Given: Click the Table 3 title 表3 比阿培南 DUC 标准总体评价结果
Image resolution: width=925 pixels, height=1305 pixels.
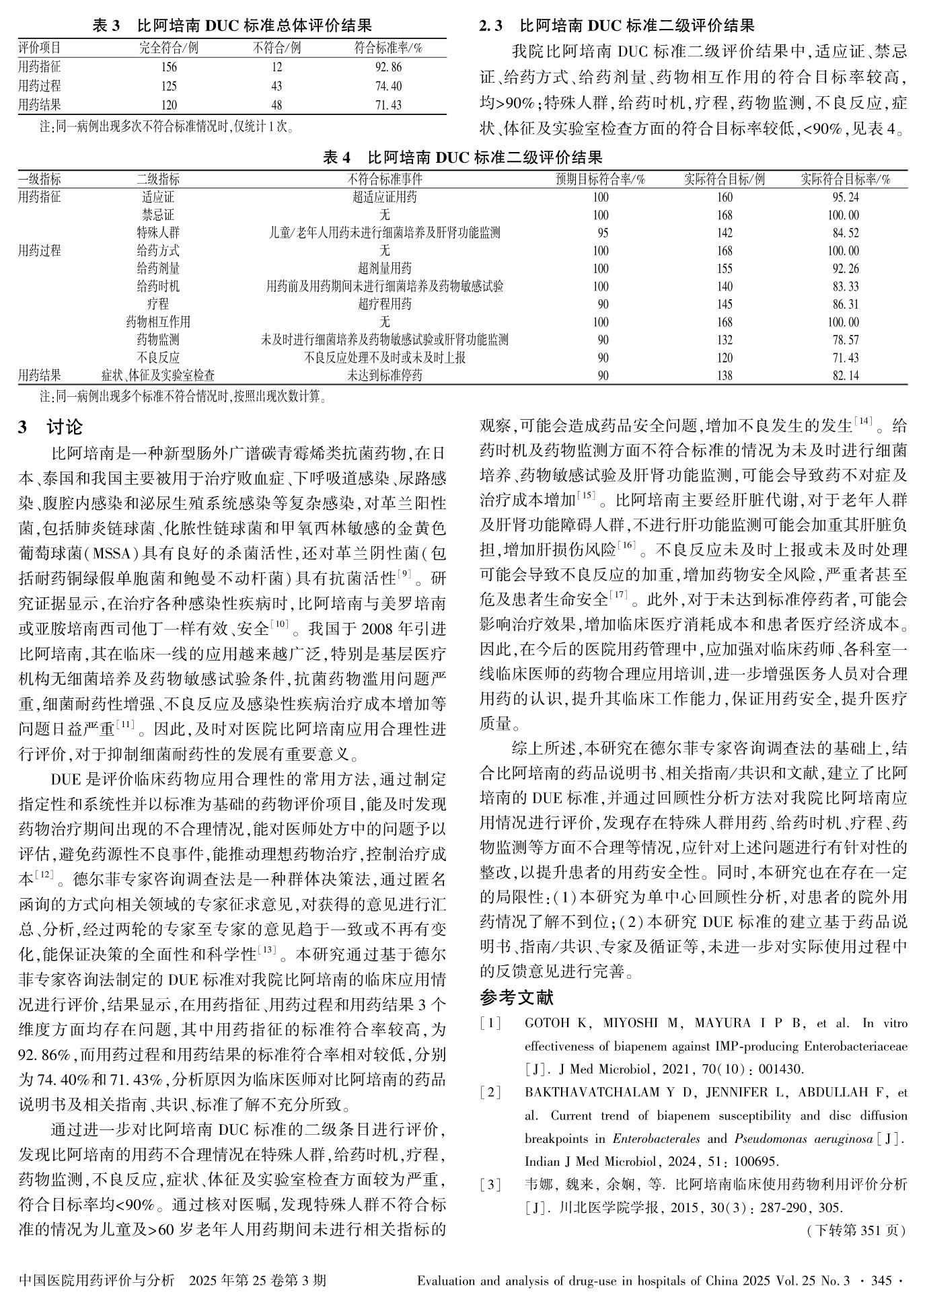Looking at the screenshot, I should pyautogui.click(x=232, y=26).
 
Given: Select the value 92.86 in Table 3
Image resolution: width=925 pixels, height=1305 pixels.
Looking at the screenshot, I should pyautogui.click(x=388, y=67).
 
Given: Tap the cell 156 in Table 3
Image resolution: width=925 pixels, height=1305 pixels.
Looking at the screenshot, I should pyautogui.click(x=169, y=67).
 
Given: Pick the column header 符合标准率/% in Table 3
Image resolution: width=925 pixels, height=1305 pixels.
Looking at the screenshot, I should pyautogui.click(x=388, y=48).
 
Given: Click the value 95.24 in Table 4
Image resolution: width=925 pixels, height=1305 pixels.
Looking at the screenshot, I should pyautogui.click(x=845, y=198).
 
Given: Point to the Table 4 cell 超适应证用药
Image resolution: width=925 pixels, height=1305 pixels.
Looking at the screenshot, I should pyautogui.click(x=384, y=198).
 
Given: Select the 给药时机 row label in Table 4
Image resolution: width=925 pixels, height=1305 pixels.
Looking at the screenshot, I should pyautogui.click(x=158, y=287).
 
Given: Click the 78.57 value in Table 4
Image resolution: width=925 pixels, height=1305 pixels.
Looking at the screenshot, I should pyautogui.click(x=845, y=340).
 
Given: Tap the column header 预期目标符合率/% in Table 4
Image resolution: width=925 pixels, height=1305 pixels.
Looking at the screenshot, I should pyautogui.click(x=601, y=180).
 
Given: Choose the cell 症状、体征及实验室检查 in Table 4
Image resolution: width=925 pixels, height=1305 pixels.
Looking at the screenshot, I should pyautogui.click(x=158, y=375).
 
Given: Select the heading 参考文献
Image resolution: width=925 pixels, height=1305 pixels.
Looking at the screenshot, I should pyautogui.click(x=516, y=996).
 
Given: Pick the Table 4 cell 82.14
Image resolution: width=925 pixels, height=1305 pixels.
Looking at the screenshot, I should pyautogui.click(x=845, y=375).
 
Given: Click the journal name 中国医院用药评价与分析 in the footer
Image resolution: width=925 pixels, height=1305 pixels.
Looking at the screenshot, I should pyautogui.click(x=98, y=1280).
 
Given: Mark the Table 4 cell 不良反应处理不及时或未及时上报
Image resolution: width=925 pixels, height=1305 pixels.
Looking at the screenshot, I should pyautogui.click(x=384, y=358).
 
